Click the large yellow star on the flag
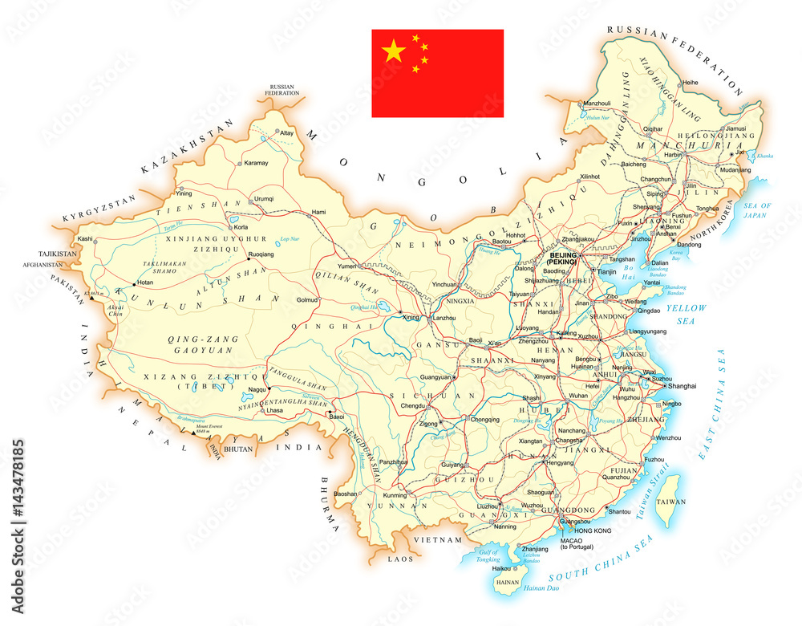pos(393,52)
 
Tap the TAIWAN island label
pos(671,502)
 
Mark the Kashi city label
pos(83,238)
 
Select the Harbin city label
pos(672,154)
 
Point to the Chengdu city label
pos(411,406)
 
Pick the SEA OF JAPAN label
pos(755,209)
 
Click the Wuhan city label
pos(578,396)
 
